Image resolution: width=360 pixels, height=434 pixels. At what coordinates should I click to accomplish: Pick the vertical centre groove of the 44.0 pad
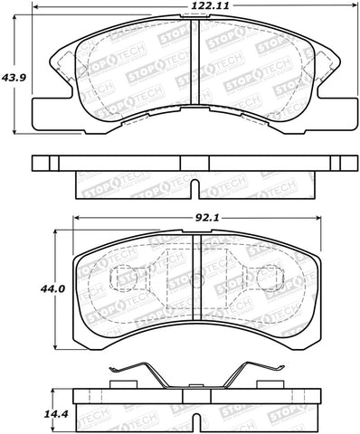(196, 287)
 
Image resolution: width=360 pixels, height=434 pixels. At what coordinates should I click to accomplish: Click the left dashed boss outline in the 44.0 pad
(121, 279)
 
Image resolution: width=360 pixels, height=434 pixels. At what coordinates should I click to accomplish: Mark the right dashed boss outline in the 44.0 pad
(270, 279)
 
